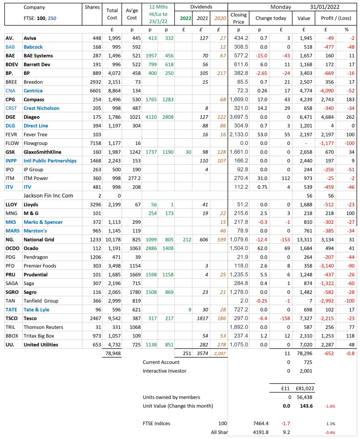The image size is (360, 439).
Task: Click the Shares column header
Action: coord(92,7)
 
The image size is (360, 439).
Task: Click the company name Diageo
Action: coord(32,117)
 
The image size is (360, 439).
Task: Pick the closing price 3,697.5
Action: coord(239,117)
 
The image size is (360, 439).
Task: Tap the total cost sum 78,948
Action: coord(113,353)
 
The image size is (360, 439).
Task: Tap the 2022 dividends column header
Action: coord(185,18)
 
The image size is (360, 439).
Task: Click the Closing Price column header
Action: coord(238,18)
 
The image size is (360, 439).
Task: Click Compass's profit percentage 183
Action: coord(346,100)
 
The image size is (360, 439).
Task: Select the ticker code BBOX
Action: coord(12,336)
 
